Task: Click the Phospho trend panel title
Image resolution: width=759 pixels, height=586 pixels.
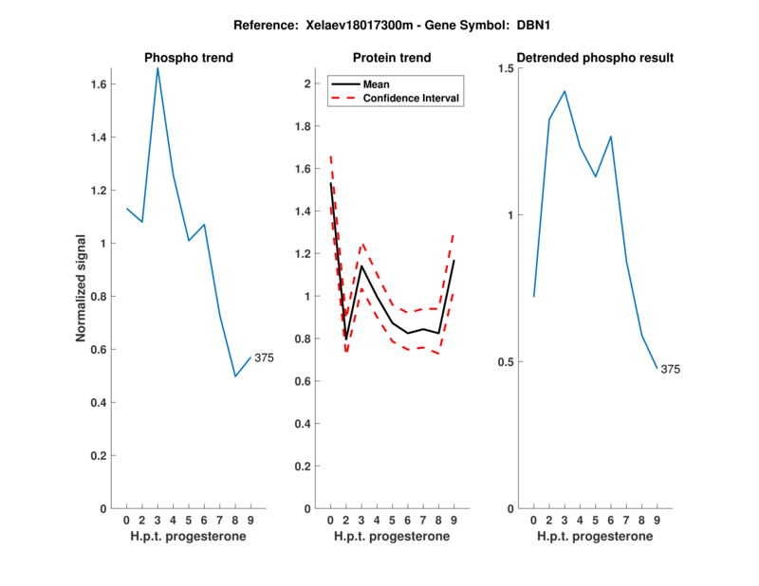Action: click(188, 58)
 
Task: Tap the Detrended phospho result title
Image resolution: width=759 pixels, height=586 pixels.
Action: click(595, 58)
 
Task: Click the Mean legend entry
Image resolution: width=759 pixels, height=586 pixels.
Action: click(377, 83)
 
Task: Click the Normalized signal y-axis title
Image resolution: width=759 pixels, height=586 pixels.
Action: click(82, 288)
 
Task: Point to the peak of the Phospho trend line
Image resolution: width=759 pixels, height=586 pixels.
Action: click(157, 68)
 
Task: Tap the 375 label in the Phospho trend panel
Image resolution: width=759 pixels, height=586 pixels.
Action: click(264, 357)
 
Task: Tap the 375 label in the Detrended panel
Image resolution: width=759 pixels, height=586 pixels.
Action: click(671, 369)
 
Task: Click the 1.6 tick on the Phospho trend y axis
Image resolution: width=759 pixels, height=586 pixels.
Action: click(98, 84)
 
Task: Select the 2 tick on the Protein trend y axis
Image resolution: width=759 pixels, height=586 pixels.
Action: click(307, 84)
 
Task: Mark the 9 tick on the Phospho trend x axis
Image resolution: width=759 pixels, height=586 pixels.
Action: click(250, 520)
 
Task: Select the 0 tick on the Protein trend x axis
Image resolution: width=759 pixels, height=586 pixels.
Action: click(330, 520)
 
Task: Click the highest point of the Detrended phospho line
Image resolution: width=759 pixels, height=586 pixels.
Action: click(565, 92)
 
